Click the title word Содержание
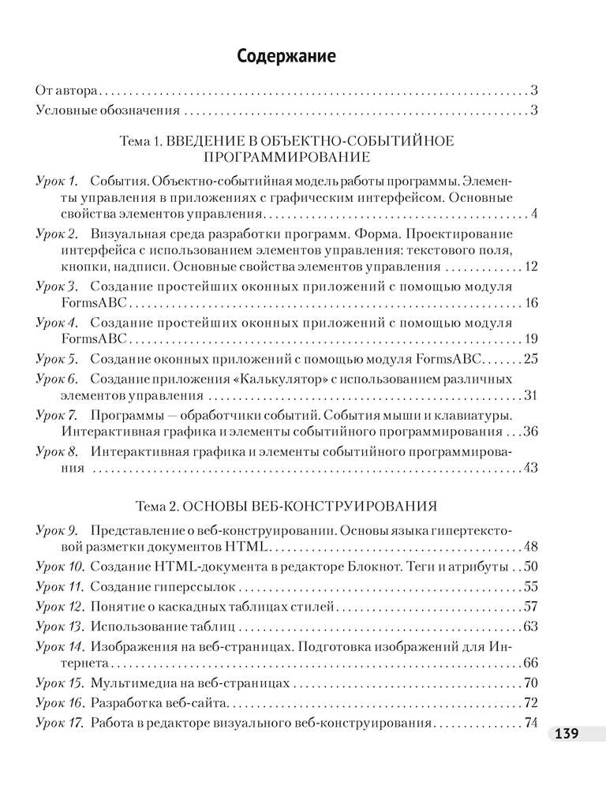click(x=286, y=57)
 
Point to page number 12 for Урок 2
click(x=530, y=266)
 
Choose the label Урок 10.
click(x=60, y=567)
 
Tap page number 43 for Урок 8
click(x=530, y=468)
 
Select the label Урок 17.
click(x=60, y=723)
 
